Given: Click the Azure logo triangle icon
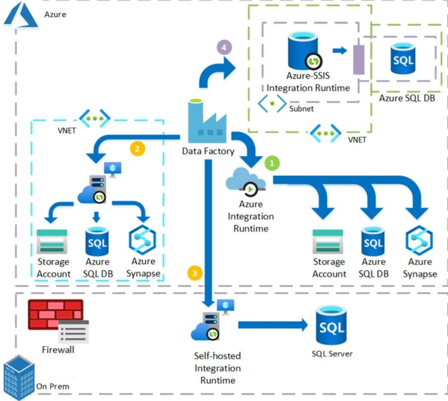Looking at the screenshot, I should point(21,16).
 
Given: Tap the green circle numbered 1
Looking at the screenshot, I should point(272,163).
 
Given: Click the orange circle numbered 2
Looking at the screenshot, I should point(137,149).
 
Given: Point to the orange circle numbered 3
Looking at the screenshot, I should point(195,273).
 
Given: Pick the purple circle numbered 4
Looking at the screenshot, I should point(224,47).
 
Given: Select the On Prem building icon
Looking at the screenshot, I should point(19,377).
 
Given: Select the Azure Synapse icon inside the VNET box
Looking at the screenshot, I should point(142,240).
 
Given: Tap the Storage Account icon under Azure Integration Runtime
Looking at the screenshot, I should point(328,242).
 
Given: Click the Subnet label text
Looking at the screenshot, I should point(301,109).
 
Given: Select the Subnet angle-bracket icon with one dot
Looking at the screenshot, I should point(272,103).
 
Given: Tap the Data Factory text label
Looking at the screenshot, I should point(208,151).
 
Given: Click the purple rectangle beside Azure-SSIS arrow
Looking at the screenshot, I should point(358,60).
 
